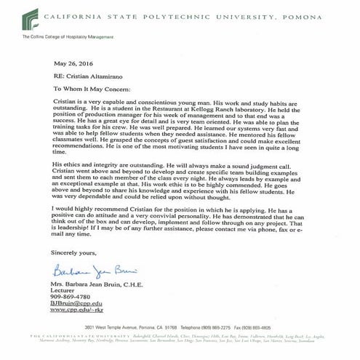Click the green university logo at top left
[30, 17]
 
